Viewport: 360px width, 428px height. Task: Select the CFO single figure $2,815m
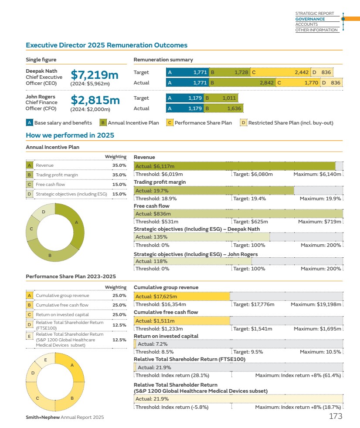pos(95,100)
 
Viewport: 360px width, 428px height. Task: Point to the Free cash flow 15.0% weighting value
pos(119,184)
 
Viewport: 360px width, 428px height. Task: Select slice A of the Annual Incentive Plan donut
pos(76,222)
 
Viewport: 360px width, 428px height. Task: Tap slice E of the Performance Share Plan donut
pos(46,360)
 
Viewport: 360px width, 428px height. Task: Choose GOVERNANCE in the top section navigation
pos(310,19)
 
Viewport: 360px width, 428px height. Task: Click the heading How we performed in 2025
pos(70,135)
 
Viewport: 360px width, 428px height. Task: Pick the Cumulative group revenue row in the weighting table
pos(62,295)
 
